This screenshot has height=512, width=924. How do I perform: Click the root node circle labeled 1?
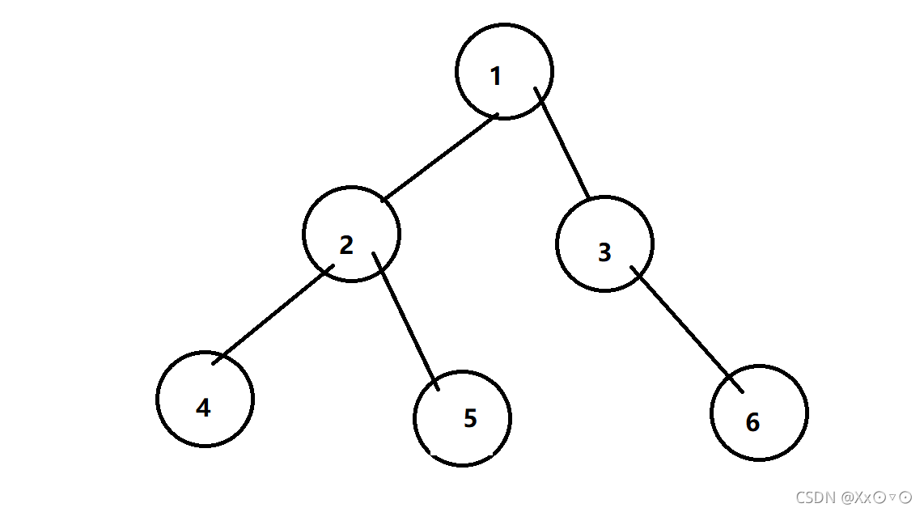504,71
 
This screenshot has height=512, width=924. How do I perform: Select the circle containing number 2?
351,234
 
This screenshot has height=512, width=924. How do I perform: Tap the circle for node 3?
604,243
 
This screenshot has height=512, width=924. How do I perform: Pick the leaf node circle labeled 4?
206,399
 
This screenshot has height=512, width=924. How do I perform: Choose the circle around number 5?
462,418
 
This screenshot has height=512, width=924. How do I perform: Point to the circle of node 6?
759,413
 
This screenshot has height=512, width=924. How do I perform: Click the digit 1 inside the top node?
496,76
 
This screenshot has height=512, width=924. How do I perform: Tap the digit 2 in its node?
346,245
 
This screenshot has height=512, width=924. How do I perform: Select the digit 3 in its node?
604,252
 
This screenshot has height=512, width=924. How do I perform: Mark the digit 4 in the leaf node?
203,408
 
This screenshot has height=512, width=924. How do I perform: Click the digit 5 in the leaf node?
470,418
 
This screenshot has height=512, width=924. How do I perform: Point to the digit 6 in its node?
752,422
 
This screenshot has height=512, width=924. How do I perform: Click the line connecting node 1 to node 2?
439,158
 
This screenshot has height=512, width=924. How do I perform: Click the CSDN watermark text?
854,497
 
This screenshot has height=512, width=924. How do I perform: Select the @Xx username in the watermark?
857,497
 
